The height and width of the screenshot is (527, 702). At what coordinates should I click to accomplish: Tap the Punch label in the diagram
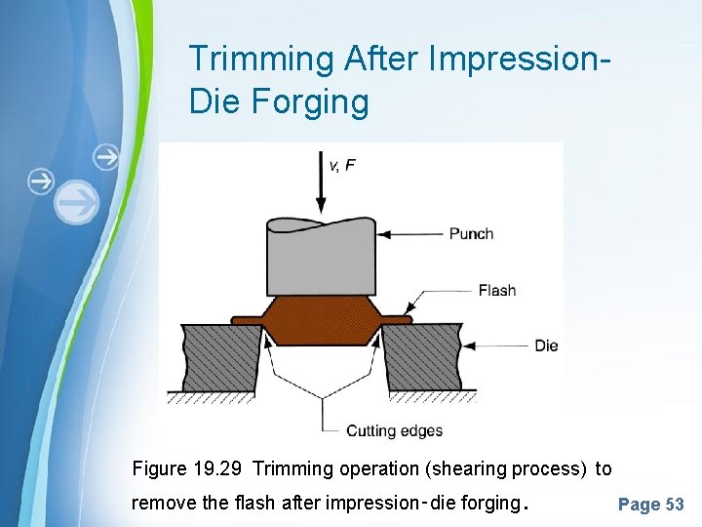(x=471, y=234)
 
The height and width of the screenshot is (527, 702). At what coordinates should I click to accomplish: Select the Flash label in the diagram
(x=497, y=290)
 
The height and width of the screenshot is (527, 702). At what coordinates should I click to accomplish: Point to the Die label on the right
(x=546, y=345)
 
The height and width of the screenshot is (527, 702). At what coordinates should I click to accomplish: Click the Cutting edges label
(x=394, y=430)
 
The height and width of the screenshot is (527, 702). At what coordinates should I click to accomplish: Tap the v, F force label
(x=341, y=165)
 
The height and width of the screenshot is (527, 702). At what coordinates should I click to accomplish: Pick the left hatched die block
(x=220, y=356)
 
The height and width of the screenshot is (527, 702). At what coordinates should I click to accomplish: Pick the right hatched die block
(x=421, y=356)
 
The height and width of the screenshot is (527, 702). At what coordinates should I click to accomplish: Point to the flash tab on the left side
(x=245, y=319)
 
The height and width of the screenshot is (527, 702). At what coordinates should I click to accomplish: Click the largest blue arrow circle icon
(x=76, y=203)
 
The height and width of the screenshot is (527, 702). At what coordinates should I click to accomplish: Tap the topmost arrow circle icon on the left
(x=105, y=156)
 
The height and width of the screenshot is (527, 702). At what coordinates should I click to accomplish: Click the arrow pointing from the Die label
(x=496, y=345)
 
